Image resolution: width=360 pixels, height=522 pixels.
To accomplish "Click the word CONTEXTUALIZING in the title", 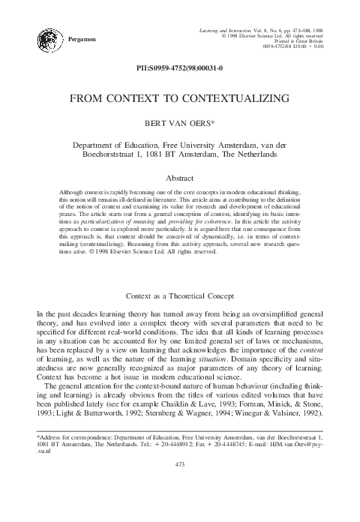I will coord(230,98).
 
